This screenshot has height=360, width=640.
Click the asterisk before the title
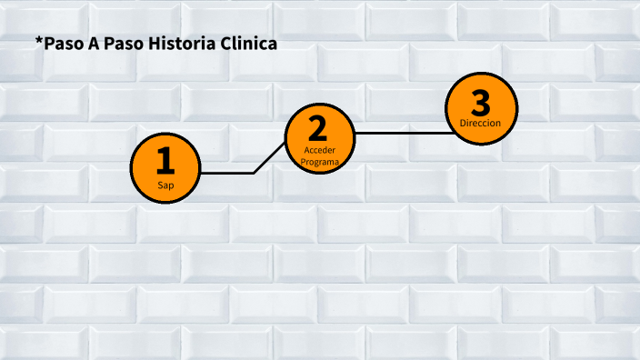tap(39, 41)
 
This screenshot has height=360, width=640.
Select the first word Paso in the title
tap(63, 44)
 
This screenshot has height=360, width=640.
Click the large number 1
tap(165, 161)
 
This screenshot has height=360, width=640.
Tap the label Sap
tap(165, 185)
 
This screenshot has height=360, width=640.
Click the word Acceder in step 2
tap(319, 150)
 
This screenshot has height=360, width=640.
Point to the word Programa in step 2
tap(319, 161)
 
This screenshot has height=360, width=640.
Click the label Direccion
tap(480, 123)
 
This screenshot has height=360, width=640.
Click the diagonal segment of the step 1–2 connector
tap(270, 157)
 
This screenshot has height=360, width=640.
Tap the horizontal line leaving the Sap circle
tap(227, 172)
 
